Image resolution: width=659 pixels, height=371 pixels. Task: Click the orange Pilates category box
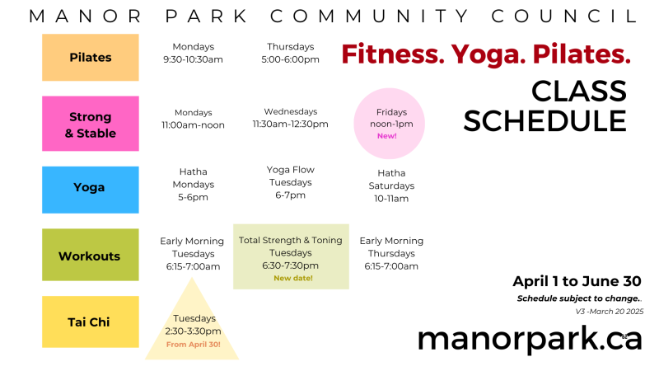point(91,57)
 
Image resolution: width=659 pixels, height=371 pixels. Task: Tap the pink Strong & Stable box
point(91,124)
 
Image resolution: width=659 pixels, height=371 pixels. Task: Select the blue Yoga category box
point(91,190)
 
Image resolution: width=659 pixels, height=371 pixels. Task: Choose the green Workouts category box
point(91,255)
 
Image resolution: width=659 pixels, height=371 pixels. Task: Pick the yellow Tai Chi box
point(91,322)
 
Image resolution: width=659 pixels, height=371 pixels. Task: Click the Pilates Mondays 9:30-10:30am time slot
point(194,53)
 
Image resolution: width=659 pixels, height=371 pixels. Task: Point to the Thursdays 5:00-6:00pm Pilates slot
point(291,53)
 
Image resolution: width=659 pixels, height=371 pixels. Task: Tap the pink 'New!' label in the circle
point(387,136)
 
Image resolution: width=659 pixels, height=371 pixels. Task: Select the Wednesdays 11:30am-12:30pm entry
point(291,118)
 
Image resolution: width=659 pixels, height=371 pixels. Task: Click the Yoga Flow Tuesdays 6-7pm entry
point(291,182)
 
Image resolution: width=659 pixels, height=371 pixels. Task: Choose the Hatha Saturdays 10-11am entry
point(391,185)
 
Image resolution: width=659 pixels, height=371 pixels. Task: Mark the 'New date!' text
point(293,278)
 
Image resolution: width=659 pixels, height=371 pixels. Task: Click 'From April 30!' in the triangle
point(194,345)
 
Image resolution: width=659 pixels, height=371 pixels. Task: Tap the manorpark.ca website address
point(530,340)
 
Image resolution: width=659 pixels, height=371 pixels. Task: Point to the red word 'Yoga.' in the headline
point(488,54)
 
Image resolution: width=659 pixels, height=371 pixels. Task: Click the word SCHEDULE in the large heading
point(545,120)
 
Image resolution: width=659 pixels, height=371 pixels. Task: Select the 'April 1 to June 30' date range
point(577,281)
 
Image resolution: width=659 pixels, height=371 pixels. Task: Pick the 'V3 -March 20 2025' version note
point(610,312)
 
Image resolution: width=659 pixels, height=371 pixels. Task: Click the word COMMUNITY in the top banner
point(369,16)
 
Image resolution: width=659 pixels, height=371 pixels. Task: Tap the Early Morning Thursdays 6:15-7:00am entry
point(391,253)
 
